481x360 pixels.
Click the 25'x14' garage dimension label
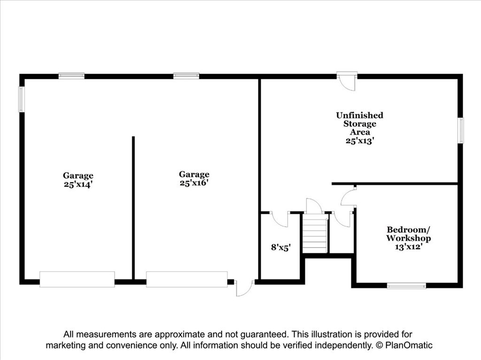point(78,184)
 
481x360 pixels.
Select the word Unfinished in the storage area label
point(359,116)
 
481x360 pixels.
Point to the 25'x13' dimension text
point(360,141)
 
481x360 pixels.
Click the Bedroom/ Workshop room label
point(408,234)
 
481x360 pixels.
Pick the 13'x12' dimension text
point(409,247)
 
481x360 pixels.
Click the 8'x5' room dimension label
point(281,247)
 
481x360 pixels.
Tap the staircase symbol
point(315,233)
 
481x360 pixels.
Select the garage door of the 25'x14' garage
point(77,279)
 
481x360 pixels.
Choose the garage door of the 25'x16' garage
point(187,279)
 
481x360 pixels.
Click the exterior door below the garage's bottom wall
point(244,288)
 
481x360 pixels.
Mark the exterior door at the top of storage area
point(347,81)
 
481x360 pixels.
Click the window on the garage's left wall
point(21,99)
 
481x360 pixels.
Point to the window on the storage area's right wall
point(460,131)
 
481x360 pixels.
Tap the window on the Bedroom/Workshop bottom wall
point(406,286)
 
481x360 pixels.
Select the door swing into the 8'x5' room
point(279,219)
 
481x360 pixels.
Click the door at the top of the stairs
point(313,206)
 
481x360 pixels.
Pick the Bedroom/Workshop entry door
point(348,196)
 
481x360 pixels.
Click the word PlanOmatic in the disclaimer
point(409,345)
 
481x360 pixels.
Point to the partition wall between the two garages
point(133,208)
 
